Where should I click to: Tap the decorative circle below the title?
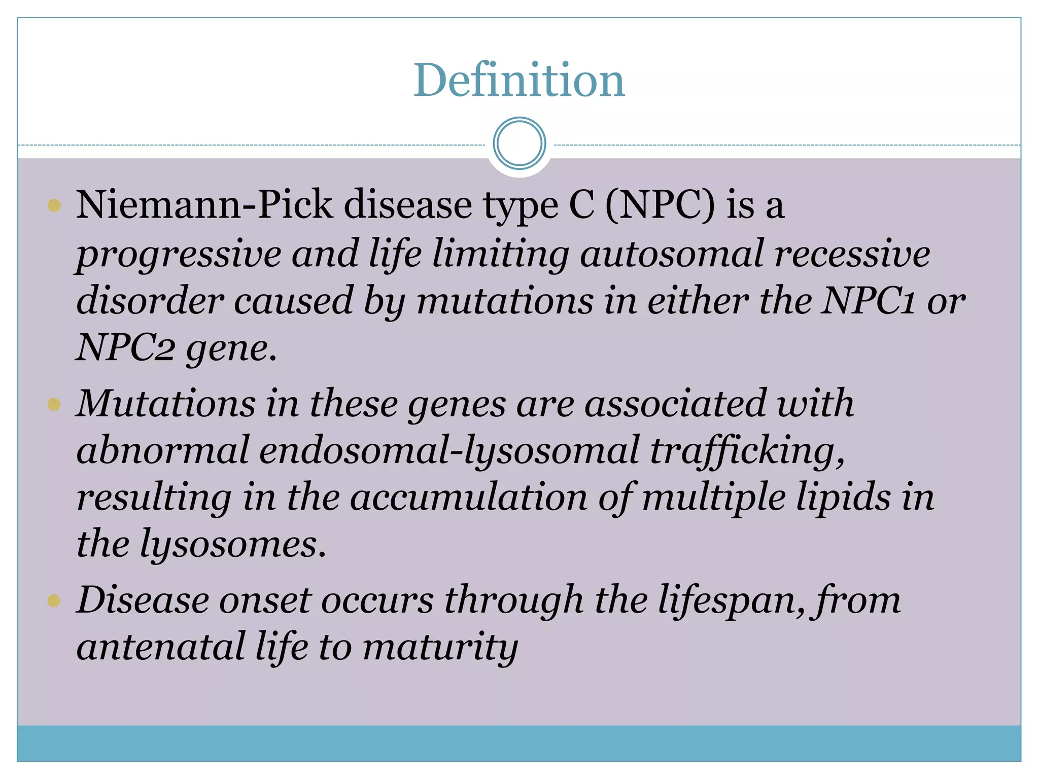[x=519, y=144]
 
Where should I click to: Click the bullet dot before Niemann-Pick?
[x=54, y=205]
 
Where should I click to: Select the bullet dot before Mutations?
[x=54, y=404]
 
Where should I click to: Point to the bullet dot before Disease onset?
[x=54, y=601]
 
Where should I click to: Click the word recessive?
[x=852, y=254]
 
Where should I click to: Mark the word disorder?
[x=150, y=301]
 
